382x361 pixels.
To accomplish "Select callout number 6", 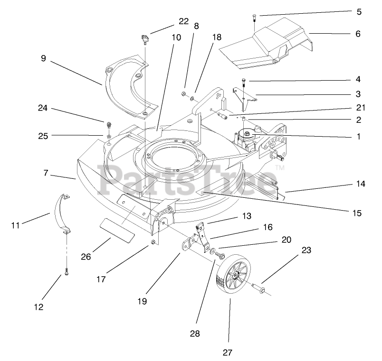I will pos(358,34).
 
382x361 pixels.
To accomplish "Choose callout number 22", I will pos(183,21).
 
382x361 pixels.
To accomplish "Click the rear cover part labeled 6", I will pos(266,45).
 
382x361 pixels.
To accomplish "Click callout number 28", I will pos(195,333).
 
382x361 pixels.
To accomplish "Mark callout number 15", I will pos(357,213).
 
